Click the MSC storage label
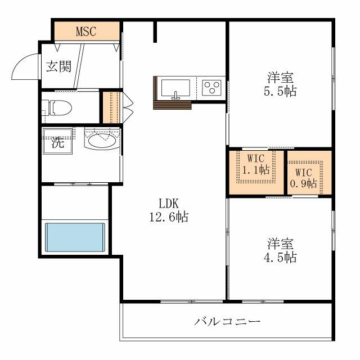tap(86, 31)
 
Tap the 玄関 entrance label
tap(58, 66)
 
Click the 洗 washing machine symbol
tap(58, 143)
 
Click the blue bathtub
tap(75, 237)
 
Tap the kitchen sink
tap(175, 88)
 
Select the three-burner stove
tap(212, 87)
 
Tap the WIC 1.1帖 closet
tap(256, 167)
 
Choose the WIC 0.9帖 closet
tap(304, 173)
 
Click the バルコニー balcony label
tap(228, 322)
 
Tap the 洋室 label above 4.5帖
tap(281, 244)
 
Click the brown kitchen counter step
tap(172, 105)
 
